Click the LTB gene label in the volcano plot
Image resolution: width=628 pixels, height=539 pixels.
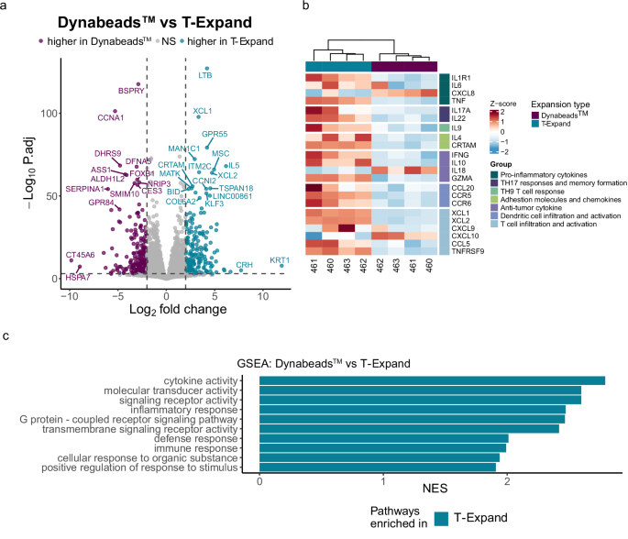pyautogui.click(x=205, y=75)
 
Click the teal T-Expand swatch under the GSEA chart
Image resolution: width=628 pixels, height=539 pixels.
pyautogui.click(x=445, y=521)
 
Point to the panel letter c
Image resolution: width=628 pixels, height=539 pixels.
pyautogui.click(x=7, y=336)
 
